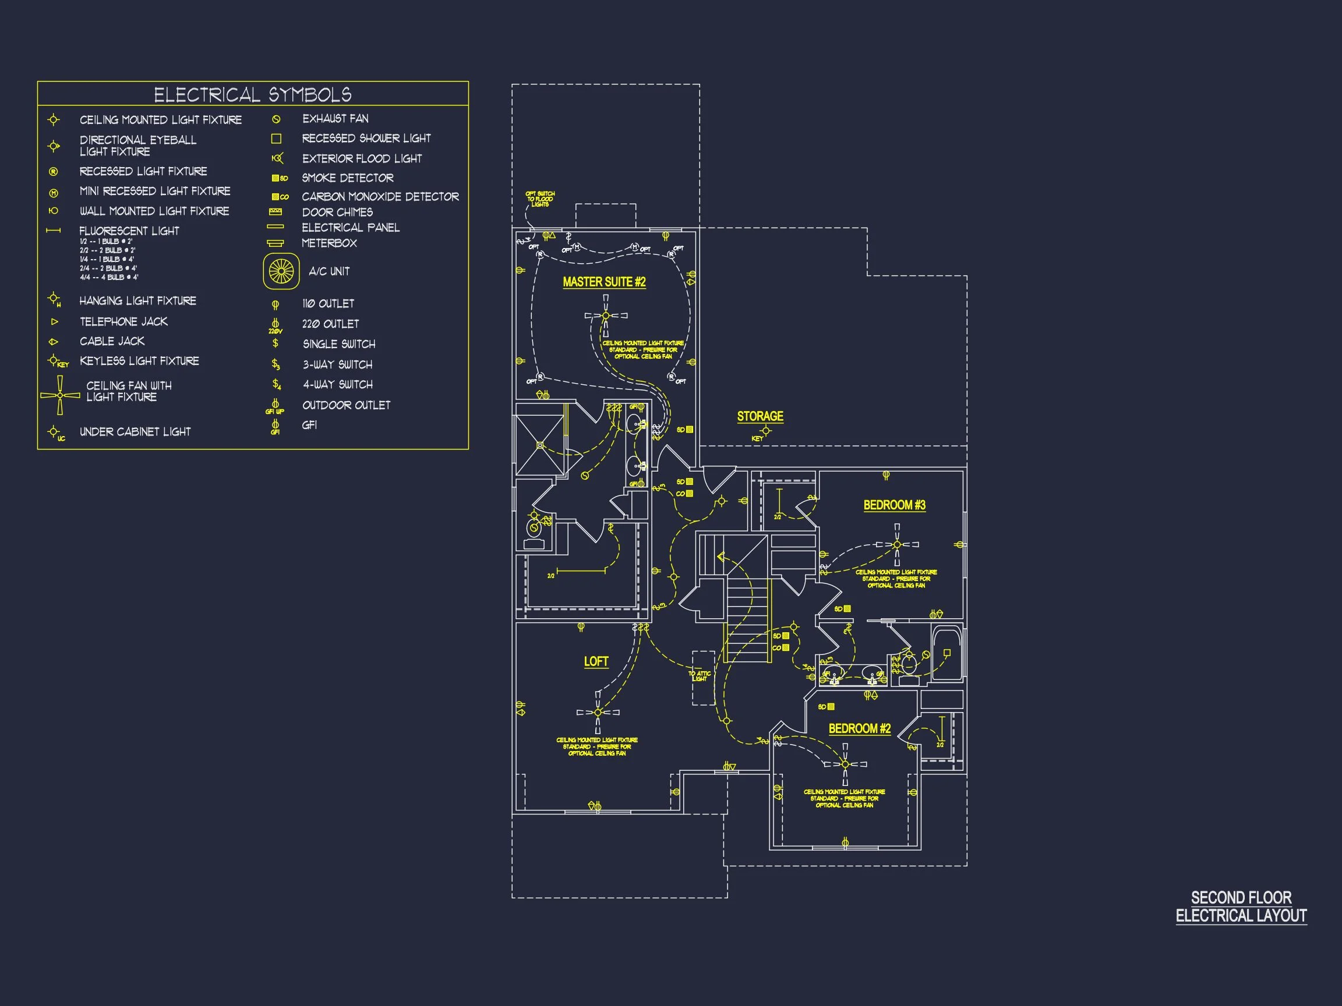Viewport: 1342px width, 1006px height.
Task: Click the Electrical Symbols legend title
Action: [x=252, y=94]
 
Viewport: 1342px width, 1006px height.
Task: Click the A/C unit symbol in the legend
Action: [x=281, y=271]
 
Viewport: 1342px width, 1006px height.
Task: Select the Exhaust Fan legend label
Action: [x=335, y=119]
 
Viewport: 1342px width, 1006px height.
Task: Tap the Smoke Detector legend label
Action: [x=348, y=178]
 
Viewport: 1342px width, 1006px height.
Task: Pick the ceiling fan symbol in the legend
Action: [x=60, y=395]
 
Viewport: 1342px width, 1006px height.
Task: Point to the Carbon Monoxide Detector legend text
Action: [x=380, y=196]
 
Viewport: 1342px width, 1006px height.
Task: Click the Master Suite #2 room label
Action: [x=603, y=282]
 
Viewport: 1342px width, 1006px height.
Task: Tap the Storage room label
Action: [x=760, y=416]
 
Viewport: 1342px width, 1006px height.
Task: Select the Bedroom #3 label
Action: [x=894, y=505]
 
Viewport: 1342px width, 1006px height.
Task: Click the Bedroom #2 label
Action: [x=859, y=728]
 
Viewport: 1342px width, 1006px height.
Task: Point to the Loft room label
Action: [x=596, y=661]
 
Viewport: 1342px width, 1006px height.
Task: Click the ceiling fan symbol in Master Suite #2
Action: [x=606, y=316]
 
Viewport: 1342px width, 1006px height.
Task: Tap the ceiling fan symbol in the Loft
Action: [x=598, y=713]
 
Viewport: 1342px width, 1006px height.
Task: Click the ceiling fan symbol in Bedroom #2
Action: [x=845, y=764]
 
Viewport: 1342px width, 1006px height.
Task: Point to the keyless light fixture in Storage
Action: [x=765, y=431]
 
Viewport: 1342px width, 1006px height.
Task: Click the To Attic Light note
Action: [x=700, y=676]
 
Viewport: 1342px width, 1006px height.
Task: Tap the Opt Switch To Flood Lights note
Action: [x=540, y=199]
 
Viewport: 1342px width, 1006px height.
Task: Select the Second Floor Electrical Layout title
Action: [x=1241, y=906]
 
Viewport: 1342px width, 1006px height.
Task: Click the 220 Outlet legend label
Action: [x=331, y=324]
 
